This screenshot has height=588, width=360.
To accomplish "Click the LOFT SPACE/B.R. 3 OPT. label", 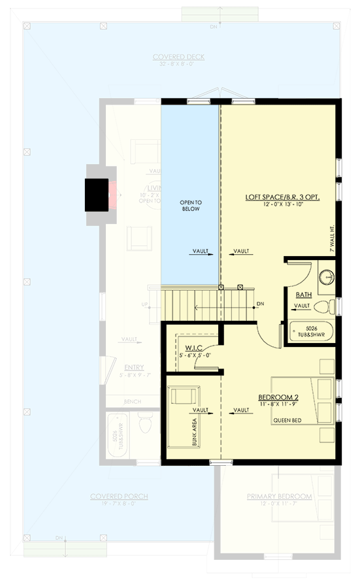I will coord(282,197).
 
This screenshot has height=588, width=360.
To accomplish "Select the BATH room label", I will coord(303,295).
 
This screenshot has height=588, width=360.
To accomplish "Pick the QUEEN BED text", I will coord(288,421).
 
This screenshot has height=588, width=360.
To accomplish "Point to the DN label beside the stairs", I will coord(260,304).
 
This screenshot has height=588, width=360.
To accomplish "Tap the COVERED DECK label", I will coord(179,57).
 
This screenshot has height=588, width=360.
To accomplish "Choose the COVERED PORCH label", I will coord(119,497).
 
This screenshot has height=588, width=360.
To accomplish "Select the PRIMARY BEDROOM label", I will coord(279,497).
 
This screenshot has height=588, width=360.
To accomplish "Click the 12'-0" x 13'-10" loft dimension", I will coord(282,206).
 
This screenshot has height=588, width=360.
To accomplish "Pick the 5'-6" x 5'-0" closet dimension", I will coord(196,355).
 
